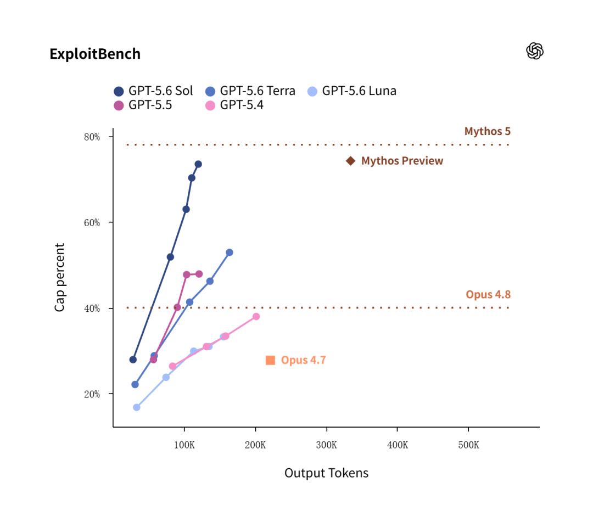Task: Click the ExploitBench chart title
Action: point(95,54)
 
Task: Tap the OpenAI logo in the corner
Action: point(535,51)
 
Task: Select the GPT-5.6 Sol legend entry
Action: point(153,91)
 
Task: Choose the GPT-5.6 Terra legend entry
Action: point(250,91)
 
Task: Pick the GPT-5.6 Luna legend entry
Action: point(352,91)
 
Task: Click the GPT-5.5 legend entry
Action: point(143,105)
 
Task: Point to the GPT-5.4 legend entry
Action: point(234,105)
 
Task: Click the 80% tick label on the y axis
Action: point(92,137)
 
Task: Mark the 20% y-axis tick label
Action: point(92,394)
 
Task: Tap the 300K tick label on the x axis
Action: point(326,445)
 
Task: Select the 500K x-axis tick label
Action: point(468,445)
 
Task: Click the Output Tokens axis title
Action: point(326,473)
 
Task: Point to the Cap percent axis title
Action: point(60,277)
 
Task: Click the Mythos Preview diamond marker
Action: point(350,161)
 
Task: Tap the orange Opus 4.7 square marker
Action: point(270,360)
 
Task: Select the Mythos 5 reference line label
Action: point(488,131)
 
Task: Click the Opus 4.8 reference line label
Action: point(488,294)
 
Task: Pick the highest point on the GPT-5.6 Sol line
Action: point(198,164)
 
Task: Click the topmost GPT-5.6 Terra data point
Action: point(230,252)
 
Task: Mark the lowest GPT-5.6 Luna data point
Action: point(137,407)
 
